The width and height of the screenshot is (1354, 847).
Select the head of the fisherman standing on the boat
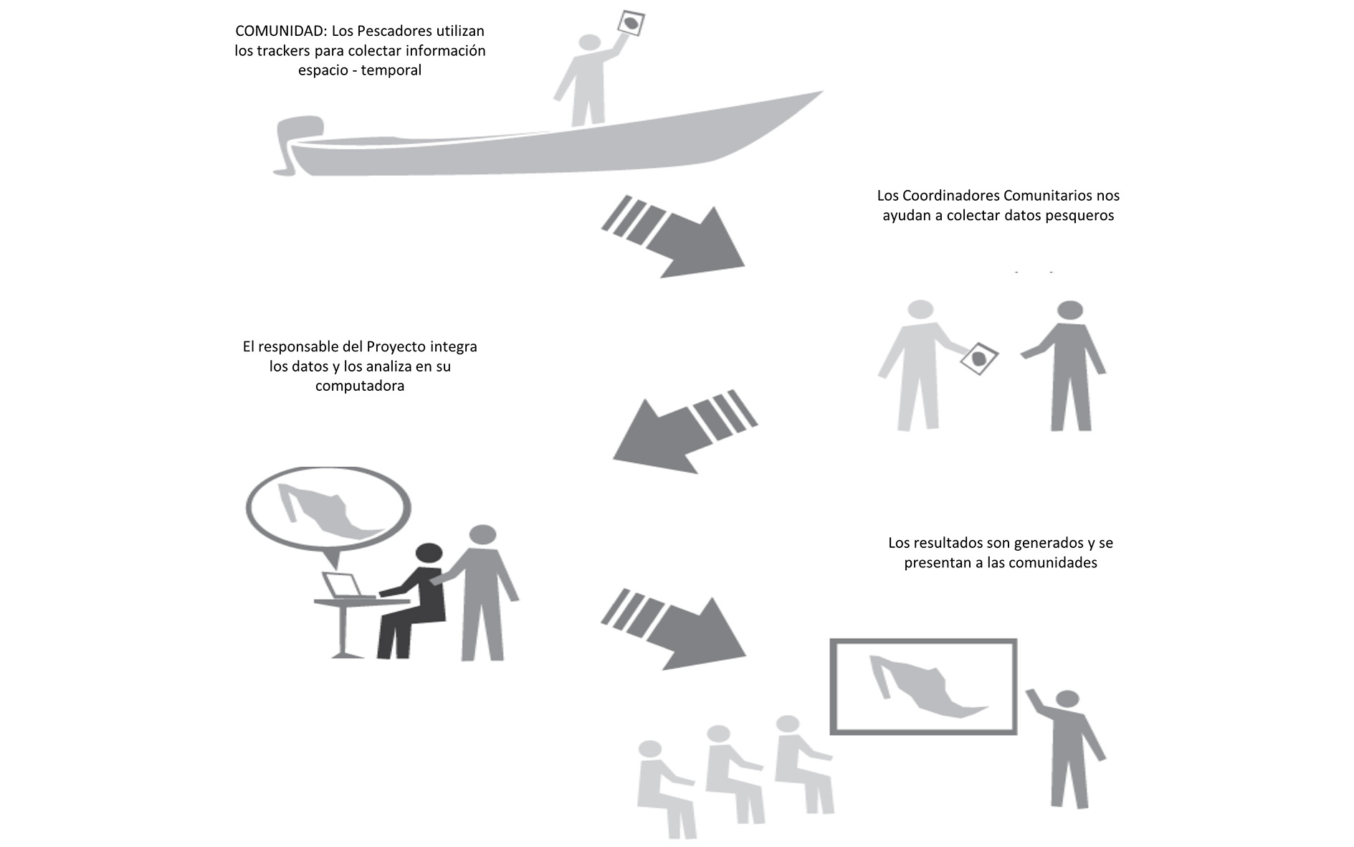click(x=589, y=43)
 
